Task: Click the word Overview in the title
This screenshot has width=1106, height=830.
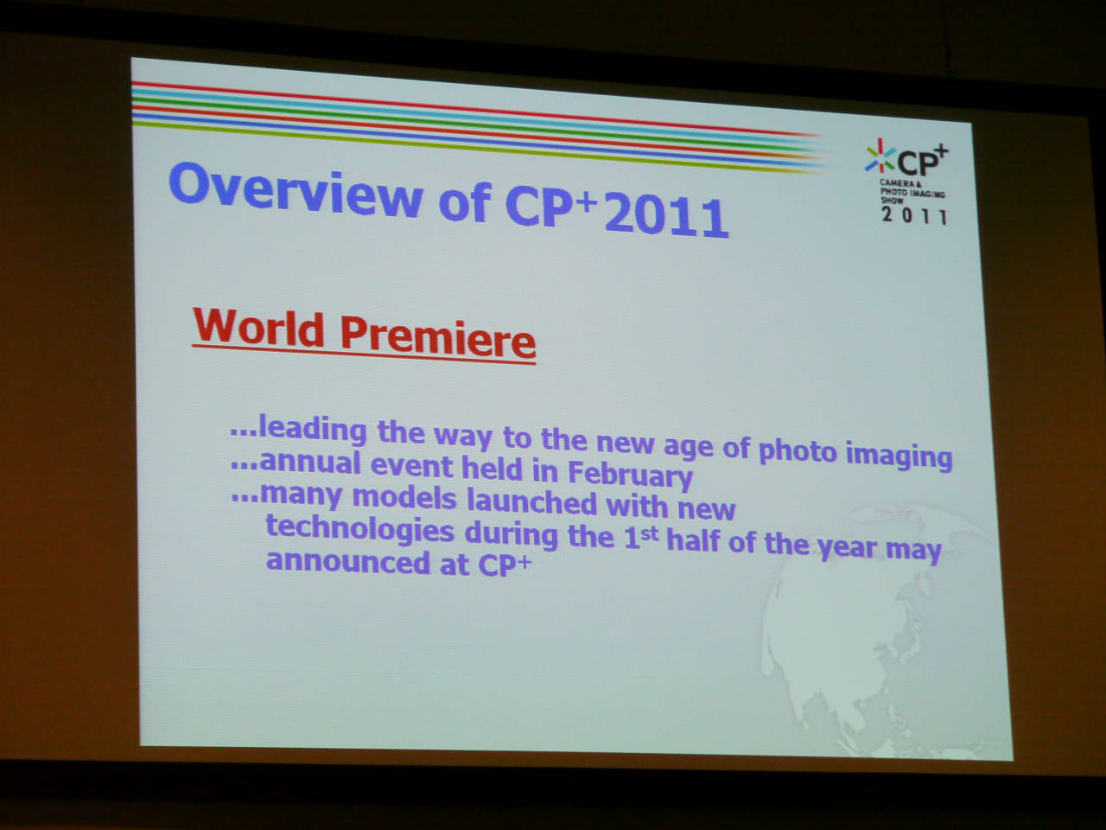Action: tap(296, 190)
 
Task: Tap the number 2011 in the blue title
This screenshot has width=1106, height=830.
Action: tap(666, 215)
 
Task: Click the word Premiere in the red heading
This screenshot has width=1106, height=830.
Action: tap(437, 336)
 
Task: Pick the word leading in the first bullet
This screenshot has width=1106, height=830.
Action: tap(313, 430)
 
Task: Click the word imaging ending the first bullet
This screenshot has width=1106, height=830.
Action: tap(899, 456)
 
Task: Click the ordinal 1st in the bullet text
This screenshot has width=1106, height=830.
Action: tap(640, 537)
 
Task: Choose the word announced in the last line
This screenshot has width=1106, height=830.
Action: tap(347, 562)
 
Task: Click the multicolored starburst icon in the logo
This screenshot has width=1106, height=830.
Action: tap(880, 156)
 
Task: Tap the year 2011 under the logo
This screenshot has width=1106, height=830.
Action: tap(914, 215)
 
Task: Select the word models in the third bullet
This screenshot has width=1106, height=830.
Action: tap(404, 497)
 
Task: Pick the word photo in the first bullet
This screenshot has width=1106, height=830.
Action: tap(798, 451)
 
